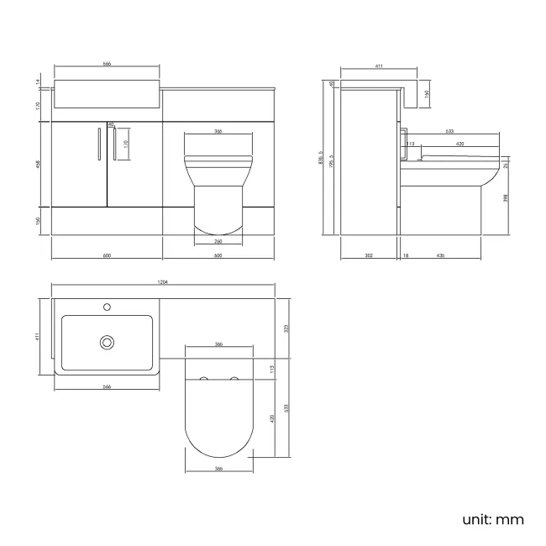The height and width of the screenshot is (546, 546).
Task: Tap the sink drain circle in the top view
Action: pos(107,342)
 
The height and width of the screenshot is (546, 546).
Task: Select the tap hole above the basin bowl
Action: pos(107,307)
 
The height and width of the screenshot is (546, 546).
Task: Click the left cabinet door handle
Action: pos(99,144)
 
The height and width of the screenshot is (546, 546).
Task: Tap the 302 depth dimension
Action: pos(369,254)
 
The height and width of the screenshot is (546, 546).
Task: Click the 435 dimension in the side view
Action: pos(441,254)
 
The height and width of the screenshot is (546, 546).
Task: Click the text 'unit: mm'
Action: pos(493,518)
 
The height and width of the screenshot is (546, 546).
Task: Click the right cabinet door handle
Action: pos(113,144)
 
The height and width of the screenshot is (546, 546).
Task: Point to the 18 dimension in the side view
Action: pos(406,254)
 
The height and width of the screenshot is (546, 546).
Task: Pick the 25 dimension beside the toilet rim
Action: pos(506,165)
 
